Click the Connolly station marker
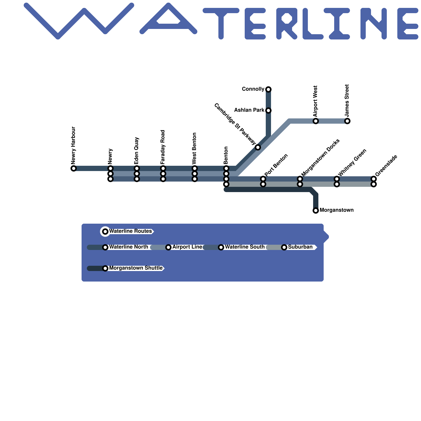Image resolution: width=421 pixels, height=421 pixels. coord(268,89)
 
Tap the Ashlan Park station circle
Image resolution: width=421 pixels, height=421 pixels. coord(268,111)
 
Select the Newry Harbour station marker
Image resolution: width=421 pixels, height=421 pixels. coord(74,168)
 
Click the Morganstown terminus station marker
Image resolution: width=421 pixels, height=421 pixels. coord(316,210)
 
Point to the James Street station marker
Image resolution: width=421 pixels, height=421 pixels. coord(347,121)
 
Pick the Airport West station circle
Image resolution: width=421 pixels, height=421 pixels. coord(316,121)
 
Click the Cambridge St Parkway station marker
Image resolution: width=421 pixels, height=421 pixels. coord(258,147)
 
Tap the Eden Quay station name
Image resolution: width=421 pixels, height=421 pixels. coord(137,151)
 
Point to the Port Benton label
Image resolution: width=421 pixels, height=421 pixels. coord(276,165)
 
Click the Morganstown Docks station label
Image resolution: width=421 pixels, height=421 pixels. coord(320,158)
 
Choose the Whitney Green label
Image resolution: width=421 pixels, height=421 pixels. coord(352,163)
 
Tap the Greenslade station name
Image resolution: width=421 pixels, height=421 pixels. coord(386,166)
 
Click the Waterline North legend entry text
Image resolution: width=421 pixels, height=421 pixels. coord(129,247)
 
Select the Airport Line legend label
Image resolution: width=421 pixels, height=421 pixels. coord(187,247)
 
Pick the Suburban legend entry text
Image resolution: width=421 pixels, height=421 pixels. coord(300,247)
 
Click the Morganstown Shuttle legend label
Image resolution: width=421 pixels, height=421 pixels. coord(136,268)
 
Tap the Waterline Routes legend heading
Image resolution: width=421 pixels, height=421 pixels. coord(131,231)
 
